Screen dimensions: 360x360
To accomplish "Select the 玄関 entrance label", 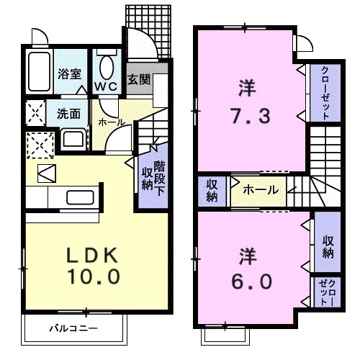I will (x=139, y=79).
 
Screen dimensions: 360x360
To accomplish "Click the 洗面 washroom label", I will (x=68, y=113).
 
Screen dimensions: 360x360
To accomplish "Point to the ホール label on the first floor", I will (x=110, y=122).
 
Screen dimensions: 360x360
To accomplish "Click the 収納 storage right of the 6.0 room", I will (x=327, y=244).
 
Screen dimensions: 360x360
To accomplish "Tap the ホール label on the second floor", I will (x=258, y=190).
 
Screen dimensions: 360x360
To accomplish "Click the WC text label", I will (x=107, y=86).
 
